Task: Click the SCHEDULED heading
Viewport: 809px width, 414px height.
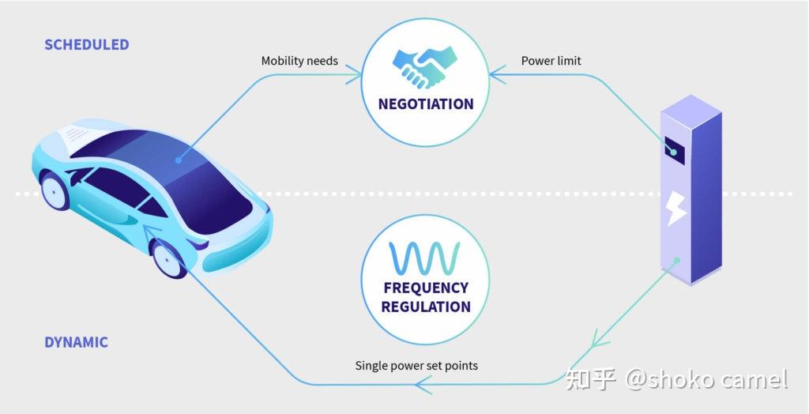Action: tap(87, 44)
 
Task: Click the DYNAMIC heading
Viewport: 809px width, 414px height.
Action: tap(77, 342)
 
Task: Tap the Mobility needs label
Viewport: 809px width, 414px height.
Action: tap(299, 61)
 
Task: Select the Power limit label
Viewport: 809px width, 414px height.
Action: tap(551, 61)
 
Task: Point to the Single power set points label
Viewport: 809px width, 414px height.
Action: tap(416, 366)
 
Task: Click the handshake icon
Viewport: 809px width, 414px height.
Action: tap(425, 67)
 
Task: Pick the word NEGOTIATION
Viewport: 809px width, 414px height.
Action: tap(426, 103)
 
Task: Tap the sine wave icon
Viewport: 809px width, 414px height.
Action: tap(424, 258)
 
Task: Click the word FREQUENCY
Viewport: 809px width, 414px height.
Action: tap(426, 288)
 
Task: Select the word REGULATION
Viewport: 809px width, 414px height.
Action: tap(426, 307)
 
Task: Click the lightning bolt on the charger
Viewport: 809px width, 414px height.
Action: tap(676, 208)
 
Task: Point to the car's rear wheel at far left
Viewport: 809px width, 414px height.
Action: tap(55, 190)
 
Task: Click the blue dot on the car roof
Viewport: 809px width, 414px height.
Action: tap(179, 160)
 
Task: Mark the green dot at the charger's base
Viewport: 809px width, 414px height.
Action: tap(677, 260)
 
